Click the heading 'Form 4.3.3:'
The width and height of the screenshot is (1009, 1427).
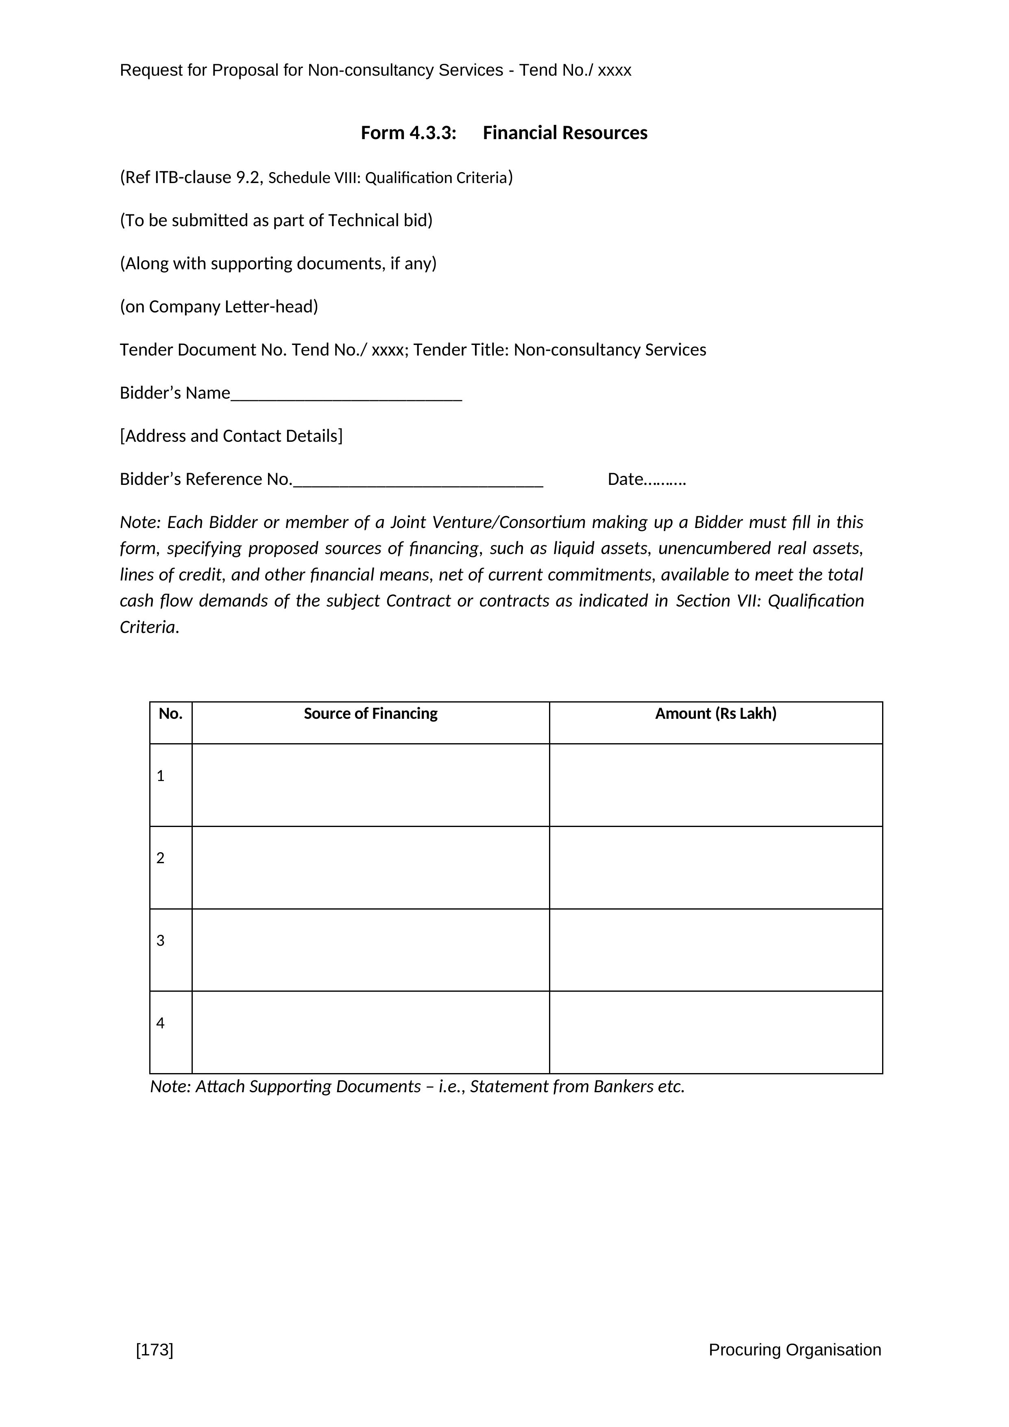[x=408, y=133]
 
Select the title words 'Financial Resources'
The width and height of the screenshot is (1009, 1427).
[x=565, y=133]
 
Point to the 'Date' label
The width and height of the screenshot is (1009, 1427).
[x=625, y=479]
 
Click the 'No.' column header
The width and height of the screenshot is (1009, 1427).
[x=170, y=713]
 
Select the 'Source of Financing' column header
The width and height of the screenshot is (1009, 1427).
[x=370, y=713]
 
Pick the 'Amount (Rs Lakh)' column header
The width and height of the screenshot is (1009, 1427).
[x=716, y=713]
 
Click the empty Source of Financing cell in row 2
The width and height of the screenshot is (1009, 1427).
[x=370, y=868]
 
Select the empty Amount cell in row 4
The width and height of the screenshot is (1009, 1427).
[x=716, y=1032]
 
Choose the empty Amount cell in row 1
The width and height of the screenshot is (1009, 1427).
[x=716, y=785]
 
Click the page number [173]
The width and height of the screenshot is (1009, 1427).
[x=155, y=1350]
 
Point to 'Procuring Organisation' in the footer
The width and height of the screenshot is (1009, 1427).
[x=795, y=1350]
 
